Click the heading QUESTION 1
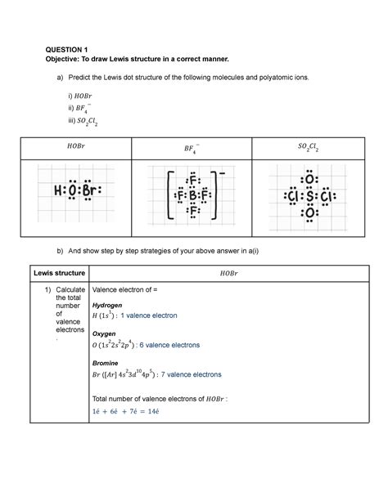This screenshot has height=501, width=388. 68,49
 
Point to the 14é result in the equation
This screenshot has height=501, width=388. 178,410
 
